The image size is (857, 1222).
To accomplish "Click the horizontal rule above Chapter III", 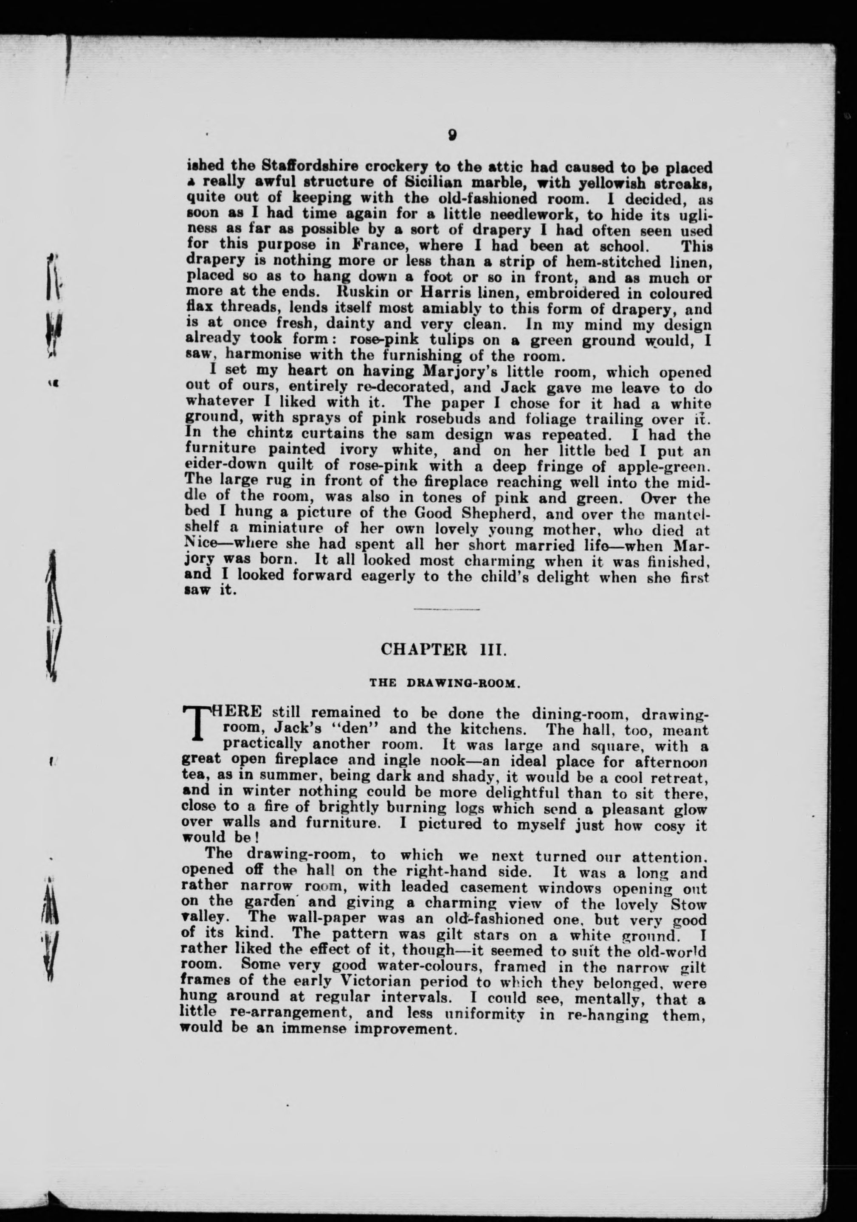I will coord(446,609).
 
